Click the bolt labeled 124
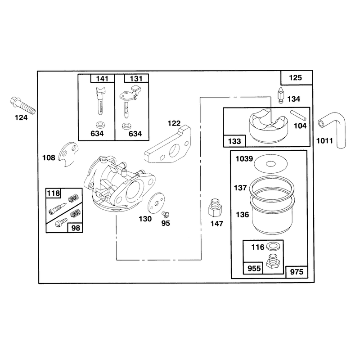point(23,106)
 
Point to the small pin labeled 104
point(298,115)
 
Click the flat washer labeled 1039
point(271,164)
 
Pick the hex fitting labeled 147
point(215,207)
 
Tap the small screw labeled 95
point(165,214)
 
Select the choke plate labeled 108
point(68,154)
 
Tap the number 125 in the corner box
point(295,77)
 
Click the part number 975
point(297,272)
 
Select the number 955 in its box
point(254,268)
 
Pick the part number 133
point(234,141)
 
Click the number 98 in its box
point(76,228)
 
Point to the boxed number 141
point(102,79)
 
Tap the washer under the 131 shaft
point(126,126)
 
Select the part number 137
point(240,188)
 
